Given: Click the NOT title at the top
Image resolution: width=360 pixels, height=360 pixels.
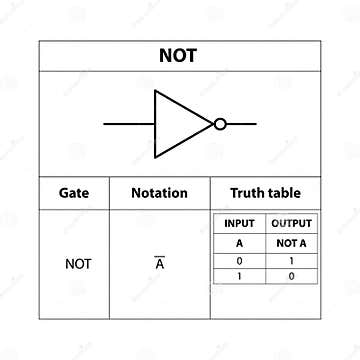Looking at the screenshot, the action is [178, 56].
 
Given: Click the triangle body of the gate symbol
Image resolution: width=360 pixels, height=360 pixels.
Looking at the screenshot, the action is [177, 124].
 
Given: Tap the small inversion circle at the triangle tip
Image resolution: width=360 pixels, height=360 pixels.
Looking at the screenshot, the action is [220, 124].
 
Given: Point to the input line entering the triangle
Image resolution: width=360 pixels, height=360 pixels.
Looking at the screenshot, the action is [129, 124].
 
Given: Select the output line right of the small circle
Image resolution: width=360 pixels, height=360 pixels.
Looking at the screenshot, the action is [241, 124].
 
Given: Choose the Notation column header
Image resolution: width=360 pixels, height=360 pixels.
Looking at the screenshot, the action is [159, 193].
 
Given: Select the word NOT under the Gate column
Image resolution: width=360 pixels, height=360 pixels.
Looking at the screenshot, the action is [77, 264].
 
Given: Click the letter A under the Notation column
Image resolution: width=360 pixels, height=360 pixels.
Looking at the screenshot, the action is [159, 266].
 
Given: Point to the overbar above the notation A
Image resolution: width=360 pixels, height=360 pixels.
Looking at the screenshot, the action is [159, 258].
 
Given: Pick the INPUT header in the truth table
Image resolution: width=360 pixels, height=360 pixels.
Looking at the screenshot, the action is [239, 223].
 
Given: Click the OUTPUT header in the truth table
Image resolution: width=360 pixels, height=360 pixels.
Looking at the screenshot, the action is [291, 223].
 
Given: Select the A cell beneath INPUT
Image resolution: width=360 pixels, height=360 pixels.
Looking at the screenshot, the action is [239, 243].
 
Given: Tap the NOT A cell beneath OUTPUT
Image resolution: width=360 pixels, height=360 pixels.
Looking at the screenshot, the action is [291, 243].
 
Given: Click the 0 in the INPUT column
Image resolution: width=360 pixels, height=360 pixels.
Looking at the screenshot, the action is [239, 259].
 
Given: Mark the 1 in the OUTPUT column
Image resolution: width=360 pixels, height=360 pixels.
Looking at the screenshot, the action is [291, 259].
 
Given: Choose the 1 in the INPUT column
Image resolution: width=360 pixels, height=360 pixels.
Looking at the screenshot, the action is [239, 275].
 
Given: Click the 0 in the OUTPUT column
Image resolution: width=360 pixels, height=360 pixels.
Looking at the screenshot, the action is [291, 275].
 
